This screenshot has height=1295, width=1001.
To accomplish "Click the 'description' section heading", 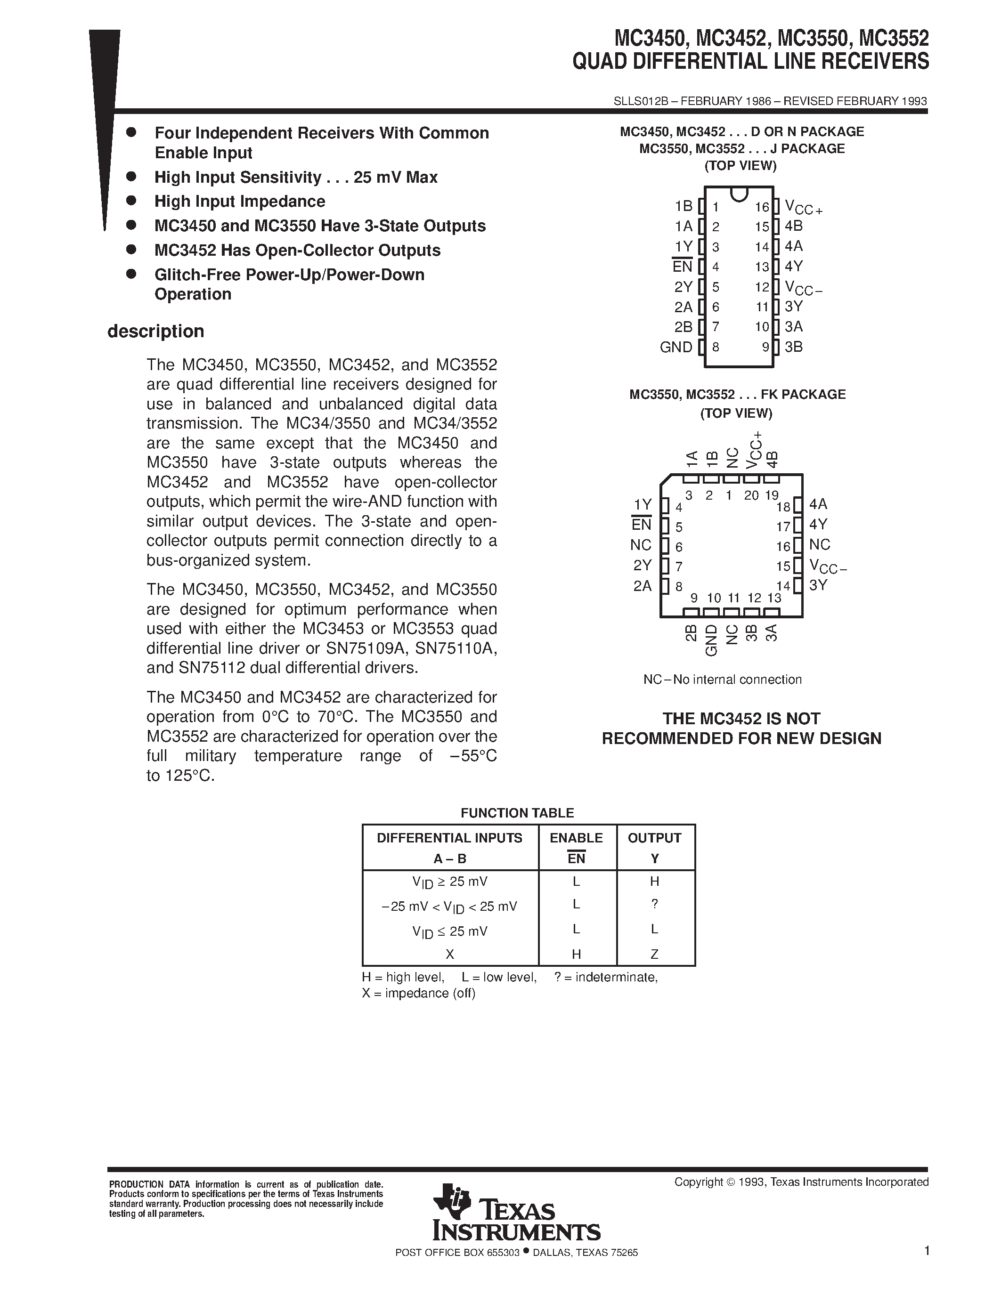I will point(155,331).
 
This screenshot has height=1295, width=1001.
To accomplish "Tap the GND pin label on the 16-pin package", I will point(675,347).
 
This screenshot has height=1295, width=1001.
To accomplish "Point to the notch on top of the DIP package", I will point(738,193).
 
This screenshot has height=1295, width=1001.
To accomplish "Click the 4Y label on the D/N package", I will point(793,266).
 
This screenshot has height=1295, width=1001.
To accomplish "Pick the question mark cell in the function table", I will point(654,904).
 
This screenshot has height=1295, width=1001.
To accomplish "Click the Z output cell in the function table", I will point(654,954).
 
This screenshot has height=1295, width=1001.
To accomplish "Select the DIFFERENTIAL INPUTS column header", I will point(449,838).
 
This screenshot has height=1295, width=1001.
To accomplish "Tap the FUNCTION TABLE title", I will point(517,812).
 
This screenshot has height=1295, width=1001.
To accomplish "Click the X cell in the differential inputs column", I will point(449,954).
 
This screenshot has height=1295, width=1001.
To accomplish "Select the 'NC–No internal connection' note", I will point(722,680).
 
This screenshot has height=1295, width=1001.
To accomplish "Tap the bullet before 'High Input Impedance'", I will point(131,201).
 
